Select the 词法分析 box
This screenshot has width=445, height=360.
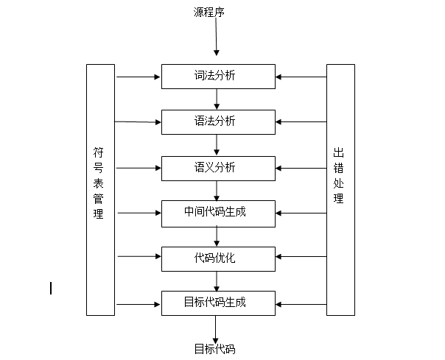pos(217,76)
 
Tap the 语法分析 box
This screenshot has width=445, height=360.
pos(217,121)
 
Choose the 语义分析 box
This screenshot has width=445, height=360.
pos(217,168)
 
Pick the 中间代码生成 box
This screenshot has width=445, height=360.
pos(217,213)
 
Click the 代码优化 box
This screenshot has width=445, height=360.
pos(217,258)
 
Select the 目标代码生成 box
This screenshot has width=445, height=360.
pos(217,303)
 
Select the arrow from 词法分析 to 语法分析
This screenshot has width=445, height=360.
pos(217,99)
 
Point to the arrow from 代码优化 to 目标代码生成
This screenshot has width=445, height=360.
pos(217,280)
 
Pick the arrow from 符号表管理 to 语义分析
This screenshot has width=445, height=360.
pos(139,168)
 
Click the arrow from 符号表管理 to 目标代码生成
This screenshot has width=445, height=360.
pos(139,303)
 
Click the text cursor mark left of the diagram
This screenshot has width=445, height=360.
pos(51,288)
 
